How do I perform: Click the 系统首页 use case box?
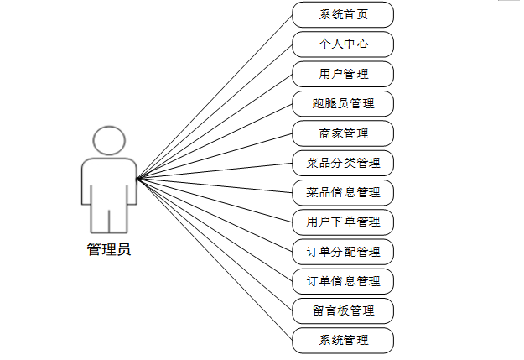[x=343, y=14]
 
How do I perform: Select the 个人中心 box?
[x=343, y=44]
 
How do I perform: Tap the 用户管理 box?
[x=343, y=74]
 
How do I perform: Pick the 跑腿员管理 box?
[x=343, y=103]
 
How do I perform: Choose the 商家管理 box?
[x=343, y=133]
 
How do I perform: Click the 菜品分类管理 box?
[x=343, y=162]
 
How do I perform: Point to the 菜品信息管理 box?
[x=343, y=192]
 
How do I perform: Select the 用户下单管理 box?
[x=343, y=222]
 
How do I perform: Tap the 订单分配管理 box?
[x=343, y=251]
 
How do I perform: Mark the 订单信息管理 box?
[x=343, y=280]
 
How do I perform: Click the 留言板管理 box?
[x=343, y=310]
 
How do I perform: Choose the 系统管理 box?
[x=343, y=340]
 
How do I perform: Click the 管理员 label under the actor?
[x=108, y=249]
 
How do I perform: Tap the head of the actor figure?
[x=109, y=140]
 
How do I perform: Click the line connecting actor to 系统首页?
[x=215, y=96]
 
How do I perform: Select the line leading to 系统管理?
[x=215, y=258]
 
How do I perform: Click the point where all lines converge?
[x=137, y=177]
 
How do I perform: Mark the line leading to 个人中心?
[x=215, y=111]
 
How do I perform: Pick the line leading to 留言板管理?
[x=215, y=243]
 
